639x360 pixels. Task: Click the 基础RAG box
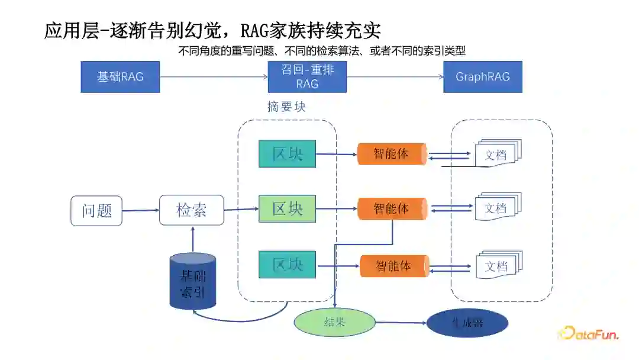pos(120,77)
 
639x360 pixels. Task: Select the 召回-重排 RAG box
pos(307,77)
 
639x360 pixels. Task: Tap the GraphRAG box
pos(483,77)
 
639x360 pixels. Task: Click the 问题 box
pos(96,211)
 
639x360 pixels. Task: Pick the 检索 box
pos(192,210)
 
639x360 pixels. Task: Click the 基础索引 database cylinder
pos(193,281)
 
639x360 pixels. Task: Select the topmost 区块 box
pos(287,154)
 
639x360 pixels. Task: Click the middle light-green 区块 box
pos(287,208)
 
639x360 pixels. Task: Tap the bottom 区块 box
pos(287,265)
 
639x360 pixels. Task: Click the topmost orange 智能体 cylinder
pos(391,154)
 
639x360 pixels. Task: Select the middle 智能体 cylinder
pos(391,209)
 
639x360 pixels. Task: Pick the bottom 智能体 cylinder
pos(393,266)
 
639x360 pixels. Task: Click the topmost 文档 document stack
pos(497,155)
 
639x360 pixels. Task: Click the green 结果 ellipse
pos(335,323)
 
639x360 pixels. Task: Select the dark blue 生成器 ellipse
pos(467,323)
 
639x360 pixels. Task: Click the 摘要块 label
pos(286,107)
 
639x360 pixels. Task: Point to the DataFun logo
pos(588,334)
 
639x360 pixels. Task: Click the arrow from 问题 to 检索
pos(141,210)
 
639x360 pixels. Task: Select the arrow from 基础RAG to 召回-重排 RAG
pos(214,77)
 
